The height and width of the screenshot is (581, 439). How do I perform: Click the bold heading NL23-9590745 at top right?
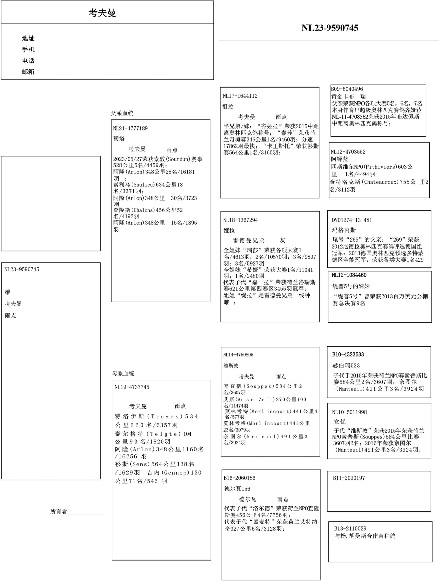(330, 28)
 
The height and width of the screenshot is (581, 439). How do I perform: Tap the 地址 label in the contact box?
(28, 38)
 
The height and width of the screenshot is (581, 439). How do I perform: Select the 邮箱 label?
(28, 72)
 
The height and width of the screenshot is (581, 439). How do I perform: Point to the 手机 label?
(28, 49)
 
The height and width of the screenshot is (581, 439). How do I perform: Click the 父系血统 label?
(122, 113)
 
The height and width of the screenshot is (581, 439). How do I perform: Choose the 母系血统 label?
(123, 373)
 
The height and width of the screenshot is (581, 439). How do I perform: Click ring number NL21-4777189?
(130, 128)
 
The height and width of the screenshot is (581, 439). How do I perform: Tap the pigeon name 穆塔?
(119, 138)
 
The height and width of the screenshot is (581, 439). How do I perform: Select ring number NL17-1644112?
(240, 96)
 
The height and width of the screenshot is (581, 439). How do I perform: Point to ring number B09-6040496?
(347, 89)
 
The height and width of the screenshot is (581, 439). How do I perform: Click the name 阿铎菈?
(339, 159)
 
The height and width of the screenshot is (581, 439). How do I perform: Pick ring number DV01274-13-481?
(352, 220)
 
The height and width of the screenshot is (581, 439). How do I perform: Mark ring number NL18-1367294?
(240, 220)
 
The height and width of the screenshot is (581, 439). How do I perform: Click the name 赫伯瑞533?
(346, 365)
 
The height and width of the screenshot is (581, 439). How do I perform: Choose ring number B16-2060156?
(239, 478)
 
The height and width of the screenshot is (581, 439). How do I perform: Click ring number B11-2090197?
(349, 478)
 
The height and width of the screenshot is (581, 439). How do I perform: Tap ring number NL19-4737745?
(132, 387)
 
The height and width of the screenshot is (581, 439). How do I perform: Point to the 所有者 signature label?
(59, 511)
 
